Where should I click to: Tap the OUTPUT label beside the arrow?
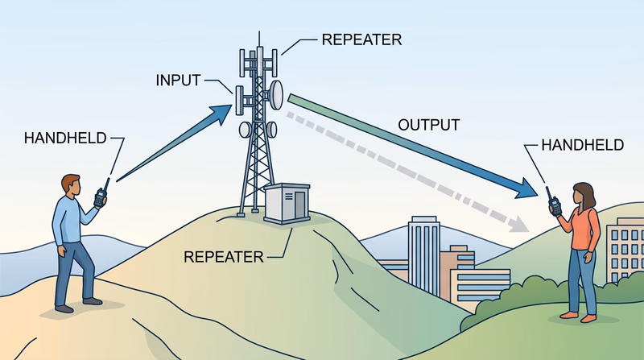[429, 125]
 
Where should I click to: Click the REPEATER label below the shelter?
[223, 257]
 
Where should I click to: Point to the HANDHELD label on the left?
[65, 138]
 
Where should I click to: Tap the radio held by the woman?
[555, 202]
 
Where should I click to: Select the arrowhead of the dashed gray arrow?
[519, 221]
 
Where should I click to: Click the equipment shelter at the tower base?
[287, 204]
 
